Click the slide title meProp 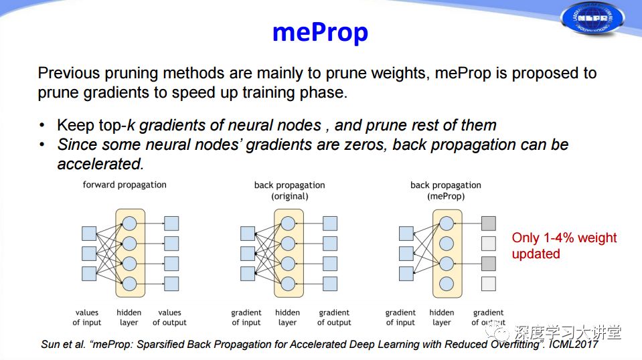(320, 32)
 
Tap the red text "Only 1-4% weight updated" (564, 246)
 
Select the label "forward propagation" (125, 185)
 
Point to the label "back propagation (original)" (289, 191)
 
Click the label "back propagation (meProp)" (446, 191)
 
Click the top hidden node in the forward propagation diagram (129, 223)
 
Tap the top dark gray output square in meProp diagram (489, 223)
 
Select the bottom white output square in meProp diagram (489, 284)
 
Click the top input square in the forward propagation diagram (89, 234)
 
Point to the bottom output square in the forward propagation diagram (171, 284)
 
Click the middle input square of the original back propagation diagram (248, 254)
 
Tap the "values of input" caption (87, 317)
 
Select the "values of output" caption (169, 317)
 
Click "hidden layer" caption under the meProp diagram (442, 317)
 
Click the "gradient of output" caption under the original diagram (334, 317)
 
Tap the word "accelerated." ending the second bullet (100, 164)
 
